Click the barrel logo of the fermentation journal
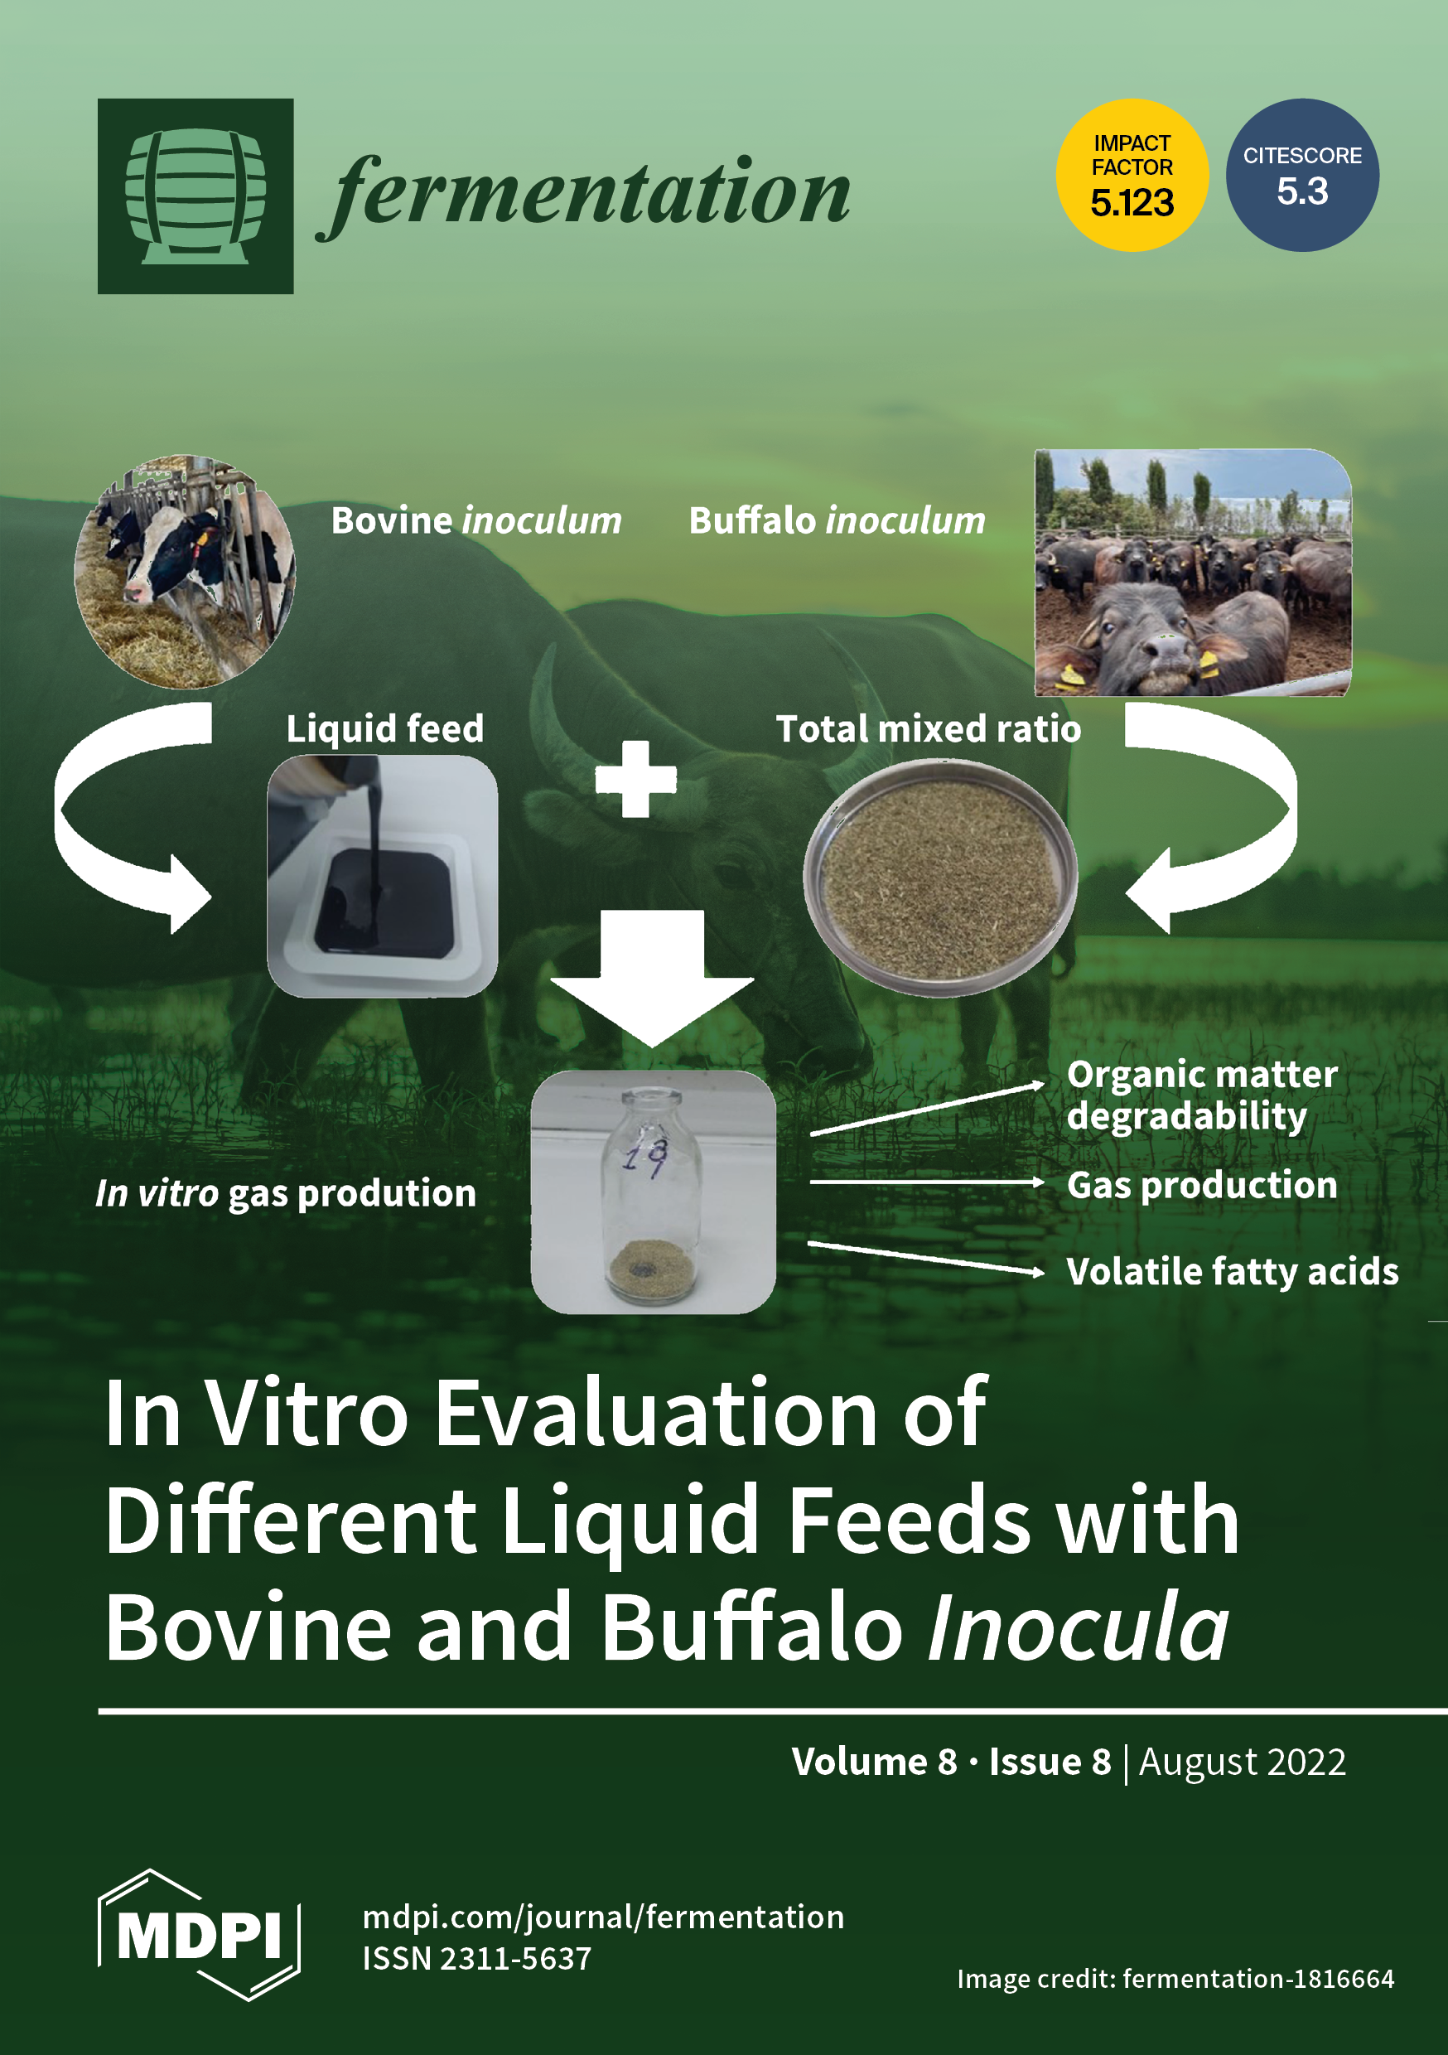[195, 196]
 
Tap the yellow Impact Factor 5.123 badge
[1132, 176]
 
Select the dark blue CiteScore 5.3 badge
[1302, 176]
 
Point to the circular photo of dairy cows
[186, 571]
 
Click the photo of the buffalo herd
[1193, 573]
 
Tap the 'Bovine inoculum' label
[476, 521]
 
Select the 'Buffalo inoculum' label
[837, 521]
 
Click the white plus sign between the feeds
[636, 779]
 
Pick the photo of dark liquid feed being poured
[382, 875]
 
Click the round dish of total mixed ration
[939, 878]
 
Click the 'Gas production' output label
[1202, 1185]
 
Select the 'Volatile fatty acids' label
[1233, 1272]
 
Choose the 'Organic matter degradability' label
[1202, 1095]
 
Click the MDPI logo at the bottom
[199, 1935]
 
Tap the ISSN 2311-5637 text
[477, 1959]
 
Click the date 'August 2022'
[1243, 1762]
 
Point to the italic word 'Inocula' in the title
[1079, 1627]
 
